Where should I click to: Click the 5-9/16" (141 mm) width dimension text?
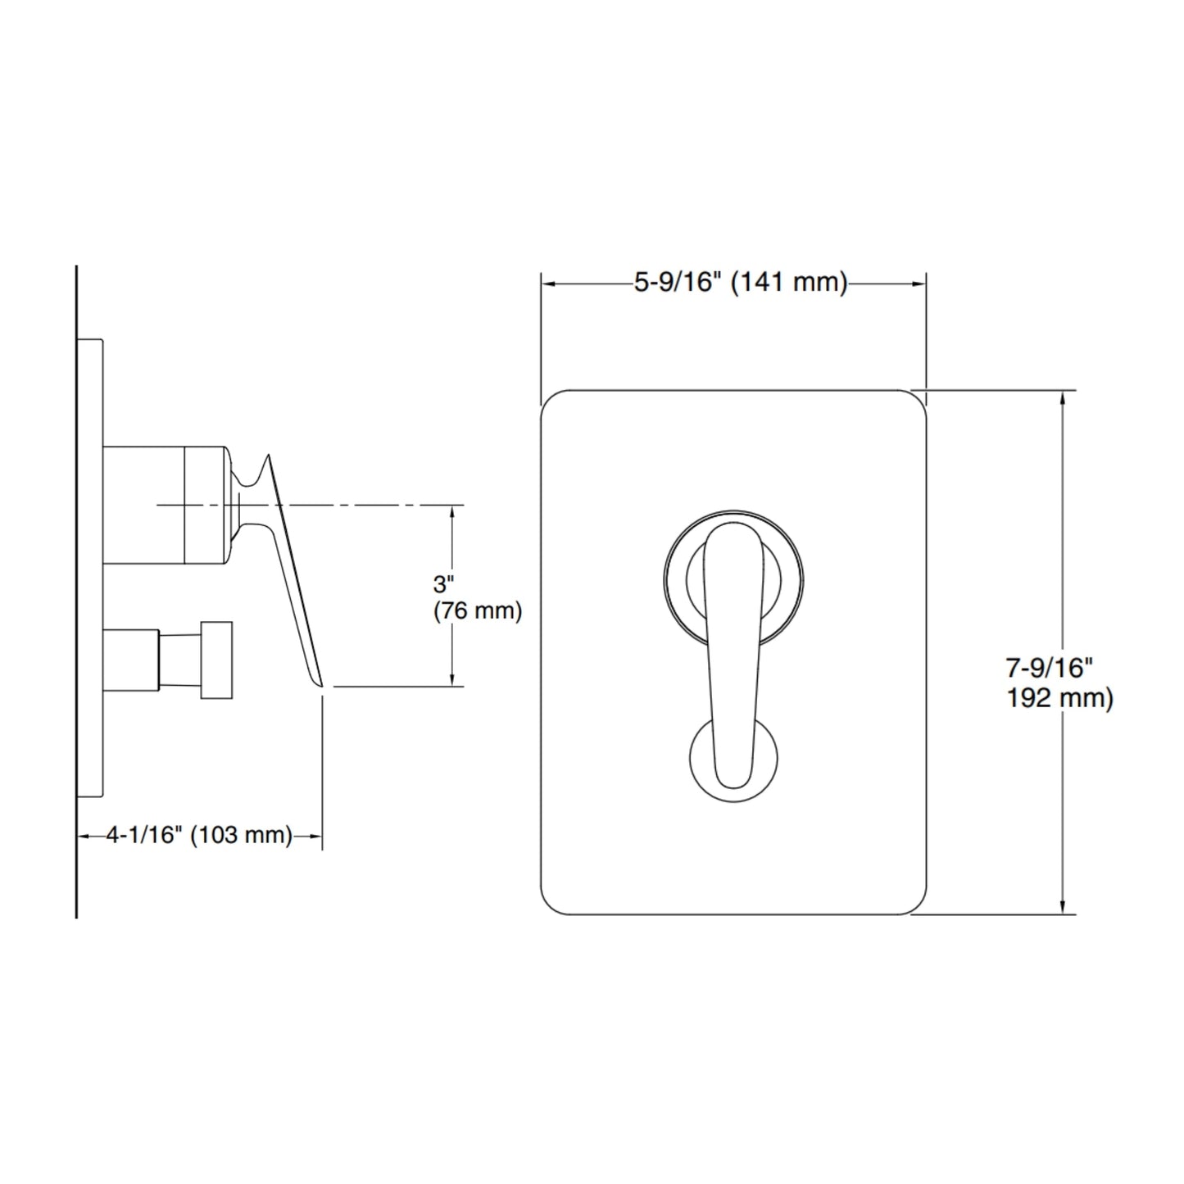click(x=741, y=283)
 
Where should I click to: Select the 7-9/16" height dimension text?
click(x=1050, y=668)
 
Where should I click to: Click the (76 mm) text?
click(x=478, y=610)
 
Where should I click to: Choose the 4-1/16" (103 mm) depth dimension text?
click(x=199, y=835)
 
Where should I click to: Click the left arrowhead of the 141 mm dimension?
click(x=547, y=284)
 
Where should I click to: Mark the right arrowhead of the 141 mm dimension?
click(x=919, y=284)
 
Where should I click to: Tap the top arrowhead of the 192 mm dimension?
click(x=1063, y=398)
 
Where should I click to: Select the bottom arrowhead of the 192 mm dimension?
click(x=1063, y=906)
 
